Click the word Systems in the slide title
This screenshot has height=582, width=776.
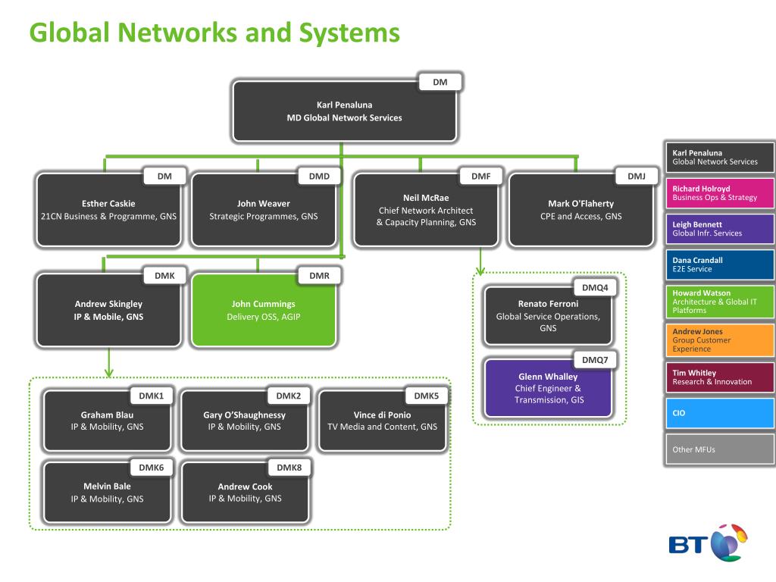(x=349, y=33)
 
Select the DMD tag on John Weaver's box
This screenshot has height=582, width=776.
(x=319, y=176)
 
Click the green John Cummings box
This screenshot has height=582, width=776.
(x=263, y=310)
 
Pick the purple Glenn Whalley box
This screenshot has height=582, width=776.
(x=549, y=388)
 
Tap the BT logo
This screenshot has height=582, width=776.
(x=708, y=543)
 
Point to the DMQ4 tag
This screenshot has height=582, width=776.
(x=595, y=287)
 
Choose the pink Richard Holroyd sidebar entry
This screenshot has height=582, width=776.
(x=720, y=193)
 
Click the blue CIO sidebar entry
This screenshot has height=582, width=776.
(x=720, y=413)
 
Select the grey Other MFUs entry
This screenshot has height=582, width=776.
(x=720, y=449)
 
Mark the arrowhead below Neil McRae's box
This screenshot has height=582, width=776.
(x=480, y=271)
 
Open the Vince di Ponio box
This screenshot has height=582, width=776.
(x=382, y=421)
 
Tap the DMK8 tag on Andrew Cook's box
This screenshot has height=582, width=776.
(x=289, y=467)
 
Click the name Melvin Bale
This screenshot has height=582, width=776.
(x=107, y=486)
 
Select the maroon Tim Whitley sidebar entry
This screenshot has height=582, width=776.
(x=720, y=377)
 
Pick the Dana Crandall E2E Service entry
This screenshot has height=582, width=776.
(x=720, y=264)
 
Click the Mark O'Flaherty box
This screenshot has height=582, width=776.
(x=581, y=210)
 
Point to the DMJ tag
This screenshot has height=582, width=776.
(x=637, y=176)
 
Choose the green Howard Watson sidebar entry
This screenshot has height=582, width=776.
(x=720, y=302)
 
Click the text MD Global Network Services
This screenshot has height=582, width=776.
(x=345, y=117)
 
